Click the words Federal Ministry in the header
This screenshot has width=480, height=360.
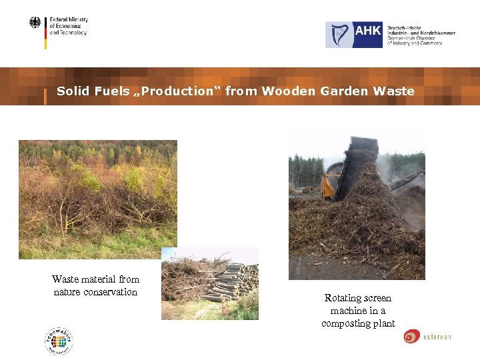click(69, 21)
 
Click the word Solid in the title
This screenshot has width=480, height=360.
click(72, 91)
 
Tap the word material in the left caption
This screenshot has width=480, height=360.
click(97, 279)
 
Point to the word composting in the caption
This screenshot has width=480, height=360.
click(344, 323)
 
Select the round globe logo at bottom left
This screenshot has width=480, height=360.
click(59, 341)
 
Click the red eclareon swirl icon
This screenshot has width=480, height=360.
click(411, 337)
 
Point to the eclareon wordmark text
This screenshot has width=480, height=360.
click(437, 337)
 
